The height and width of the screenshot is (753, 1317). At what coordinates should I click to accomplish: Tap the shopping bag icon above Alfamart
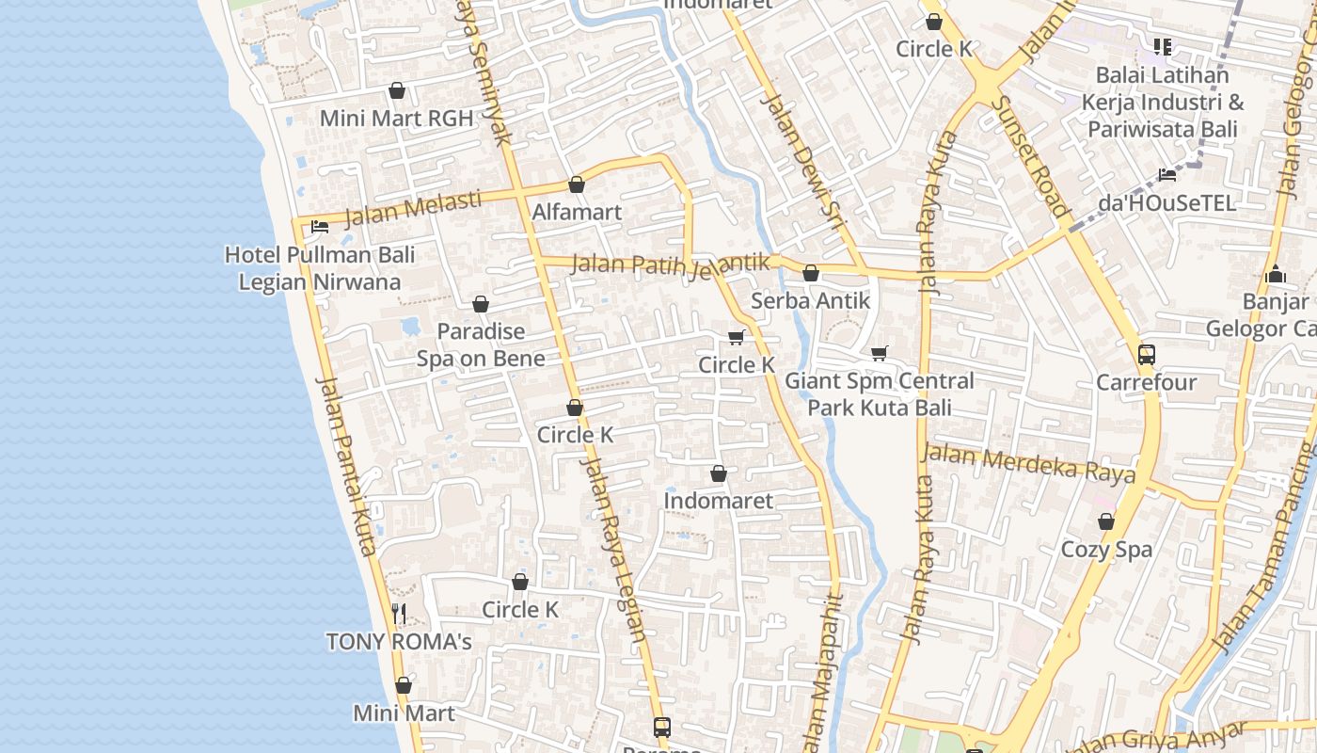tap(577, 185)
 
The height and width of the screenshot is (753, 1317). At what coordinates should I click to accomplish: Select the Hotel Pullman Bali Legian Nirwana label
tap(320, 268)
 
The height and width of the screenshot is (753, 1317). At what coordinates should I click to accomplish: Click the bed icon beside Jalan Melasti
tap(320, 227)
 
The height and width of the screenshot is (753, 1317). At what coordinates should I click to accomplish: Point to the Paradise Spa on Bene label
tap(481, 344)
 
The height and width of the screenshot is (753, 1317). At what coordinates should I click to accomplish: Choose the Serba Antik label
tap(811, 301)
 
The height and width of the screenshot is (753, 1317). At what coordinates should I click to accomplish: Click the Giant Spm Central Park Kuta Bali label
tap(880, 394)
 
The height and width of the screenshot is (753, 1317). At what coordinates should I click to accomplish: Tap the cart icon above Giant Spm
tap(879, 354)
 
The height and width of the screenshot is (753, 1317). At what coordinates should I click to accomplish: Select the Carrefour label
tap(1147, 383)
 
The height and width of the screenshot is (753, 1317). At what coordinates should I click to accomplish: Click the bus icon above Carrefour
tap(1147, 355)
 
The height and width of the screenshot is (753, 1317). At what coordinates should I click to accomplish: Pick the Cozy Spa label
tap(1106, 549)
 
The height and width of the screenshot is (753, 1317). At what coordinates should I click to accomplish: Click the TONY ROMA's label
tap(399, 642)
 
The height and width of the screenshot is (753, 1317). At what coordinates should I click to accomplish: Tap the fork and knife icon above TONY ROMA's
tap(399, 614)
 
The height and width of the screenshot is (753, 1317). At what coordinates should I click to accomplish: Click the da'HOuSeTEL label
tap(1166, 203)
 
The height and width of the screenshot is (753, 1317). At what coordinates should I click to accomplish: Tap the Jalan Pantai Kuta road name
tap(347, 466)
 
